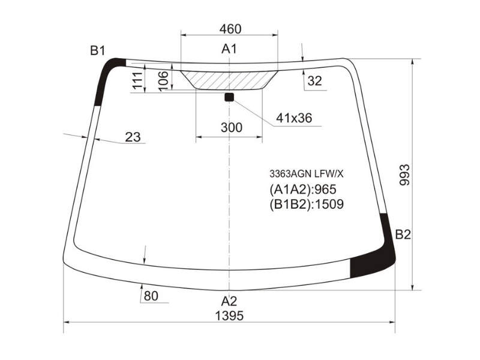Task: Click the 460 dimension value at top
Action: coord(230,29)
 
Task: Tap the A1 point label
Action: coord(229,49)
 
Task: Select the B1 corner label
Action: coord(98,50)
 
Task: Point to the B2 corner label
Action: coord(403,235)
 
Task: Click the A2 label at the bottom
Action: coord(229,301)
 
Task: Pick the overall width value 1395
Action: coord(230,316)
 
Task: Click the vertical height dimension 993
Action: coord(404,175)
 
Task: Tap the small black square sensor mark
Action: coord(229,97)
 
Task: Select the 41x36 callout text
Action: coord(294,118)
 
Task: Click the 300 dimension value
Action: coord(232,127)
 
